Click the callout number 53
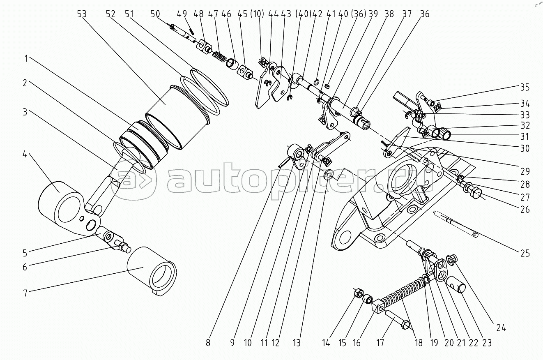[x=82, y=14]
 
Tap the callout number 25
[x=525, y=254]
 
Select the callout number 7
[x=25, y=293]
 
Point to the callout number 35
[x=525, y=88]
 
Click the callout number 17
[x=380, y=343]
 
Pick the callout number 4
[x=25, y=154]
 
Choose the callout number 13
[x=297, y=343]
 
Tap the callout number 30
[x=525, y=148]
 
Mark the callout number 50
[x=155, y=14]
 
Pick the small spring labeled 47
[x=220, y=58]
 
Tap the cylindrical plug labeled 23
[x=457, y=285]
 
